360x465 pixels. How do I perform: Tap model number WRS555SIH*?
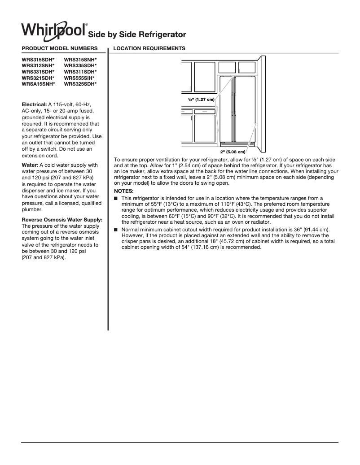point(79,78)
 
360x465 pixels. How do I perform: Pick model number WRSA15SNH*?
point(39,84)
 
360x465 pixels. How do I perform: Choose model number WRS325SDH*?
point(80,84)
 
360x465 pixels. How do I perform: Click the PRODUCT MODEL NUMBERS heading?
point(59,48)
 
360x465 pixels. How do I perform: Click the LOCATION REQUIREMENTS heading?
point(149,48)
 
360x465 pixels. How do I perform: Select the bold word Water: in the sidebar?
point(30,165)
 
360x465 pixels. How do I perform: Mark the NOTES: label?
point(123,191)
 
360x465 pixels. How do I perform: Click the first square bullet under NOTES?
point(116,198)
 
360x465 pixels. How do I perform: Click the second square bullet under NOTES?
point(116,230)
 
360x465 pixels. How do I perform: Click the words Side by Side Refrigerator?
point(137,35)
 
